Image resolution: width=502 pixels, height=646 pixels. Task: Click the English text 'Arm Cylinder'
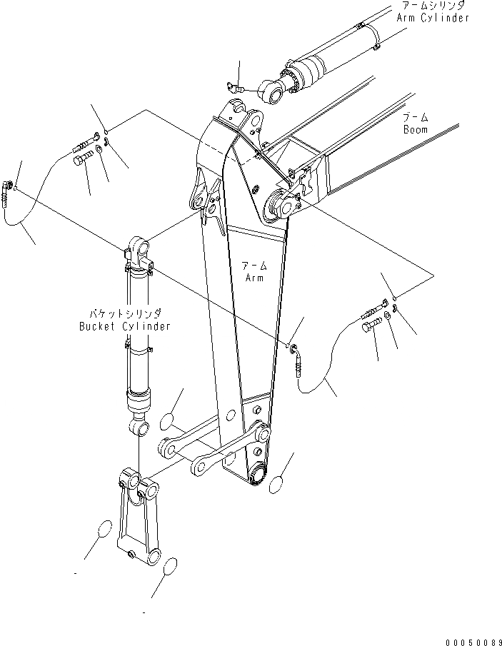433,18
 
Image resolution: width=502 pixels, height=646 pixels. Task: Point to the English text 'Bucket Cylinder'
124,326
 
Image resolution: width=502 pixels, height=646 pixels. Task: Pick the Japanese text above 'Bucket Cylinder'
125,313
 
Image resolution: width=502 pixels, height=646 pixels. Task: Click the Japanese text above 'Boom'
414,116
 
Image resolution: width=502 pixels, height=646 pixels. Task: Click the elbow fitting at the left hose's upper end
9,188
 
